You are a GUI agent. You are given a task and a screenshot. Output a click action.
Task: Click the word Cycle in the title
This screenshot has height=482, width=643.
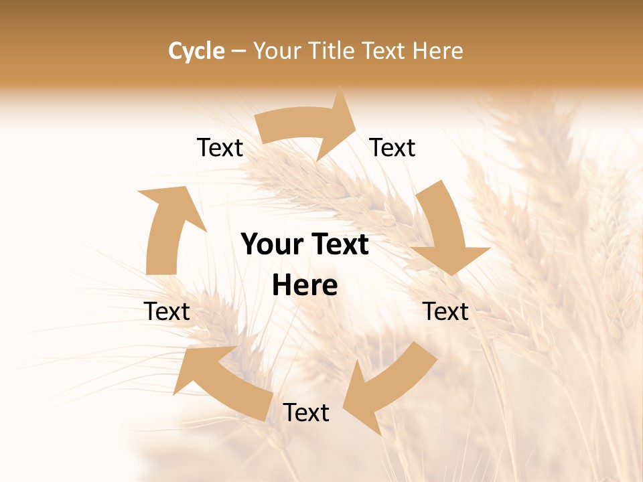click(196, 51)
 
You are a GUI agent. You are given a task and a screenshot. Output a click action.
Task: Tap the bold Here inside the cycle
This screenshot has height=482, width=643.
click(305, 286)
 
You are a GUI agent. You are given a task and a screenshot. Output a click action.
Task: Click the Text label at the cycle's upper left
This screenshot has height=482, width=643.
click(220, 148)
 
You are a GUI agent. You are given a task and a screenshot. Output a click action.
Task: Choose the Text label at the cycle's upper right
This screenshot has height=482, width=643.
click(392, 148)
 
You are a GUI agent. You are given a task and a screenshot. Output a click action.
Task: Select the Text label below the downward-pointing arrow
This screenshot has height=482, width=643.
click(445, 311)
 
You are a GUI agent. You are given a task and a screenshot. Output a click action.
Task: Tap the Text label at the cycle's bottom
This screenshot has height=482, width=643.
click(306, 413)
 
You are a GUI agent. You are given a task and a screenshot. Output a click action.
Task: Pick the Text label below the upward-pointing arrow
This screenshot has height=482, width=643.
click(167, 311)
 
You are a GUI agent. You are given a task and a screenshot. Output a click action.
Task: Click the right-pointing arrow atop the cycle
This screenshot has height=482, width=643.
click(305, 127)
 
